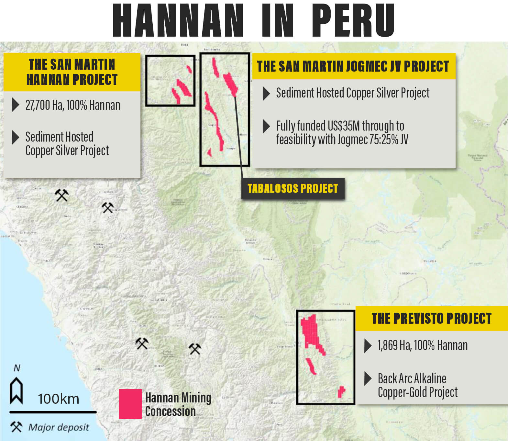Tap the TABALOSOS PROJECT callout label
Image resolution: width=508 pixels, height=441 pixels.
tap(293, 188)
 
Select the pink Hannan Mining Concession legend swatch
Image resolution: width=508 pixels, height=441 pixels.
tap(130, 404)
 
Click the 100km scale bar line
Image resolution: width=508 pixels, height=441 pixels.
tap(53, 412)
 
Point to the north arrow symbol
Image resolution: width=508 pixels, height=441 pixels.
tap(17, 390)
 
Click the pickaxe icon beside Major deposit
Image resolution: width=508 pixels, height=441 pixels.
tap(16, 427)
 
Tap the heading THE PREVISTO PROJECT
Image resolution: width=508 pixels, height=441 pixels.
tap(431, 318)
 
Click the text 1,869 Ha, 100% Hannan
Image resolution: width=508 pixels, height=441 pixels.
tap(422, 345)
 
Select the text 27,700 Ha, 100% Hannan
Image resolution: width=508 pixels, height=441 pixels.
tap(73, 105)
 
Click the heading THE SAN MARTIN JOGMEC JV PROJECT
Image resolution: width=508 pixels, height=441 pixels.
tap(353, 66)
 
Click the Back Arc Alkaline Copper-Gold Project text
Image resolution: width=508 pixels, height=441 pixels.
tap(417, 385)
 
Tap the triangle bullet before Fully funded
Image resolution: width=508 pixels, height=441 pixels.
tap(266, 126)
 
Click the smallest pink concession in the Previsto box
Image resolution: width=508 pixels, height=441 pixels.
tap(341, 391)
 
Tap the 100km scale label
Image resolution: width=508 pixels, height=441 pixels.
tap(59, 399)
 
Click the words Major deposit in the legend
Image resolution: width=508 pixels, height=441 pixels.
tap(59, 427)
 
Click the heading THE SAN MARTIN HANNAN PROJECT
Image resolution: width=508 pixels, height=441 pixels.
tap(72, 72)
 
